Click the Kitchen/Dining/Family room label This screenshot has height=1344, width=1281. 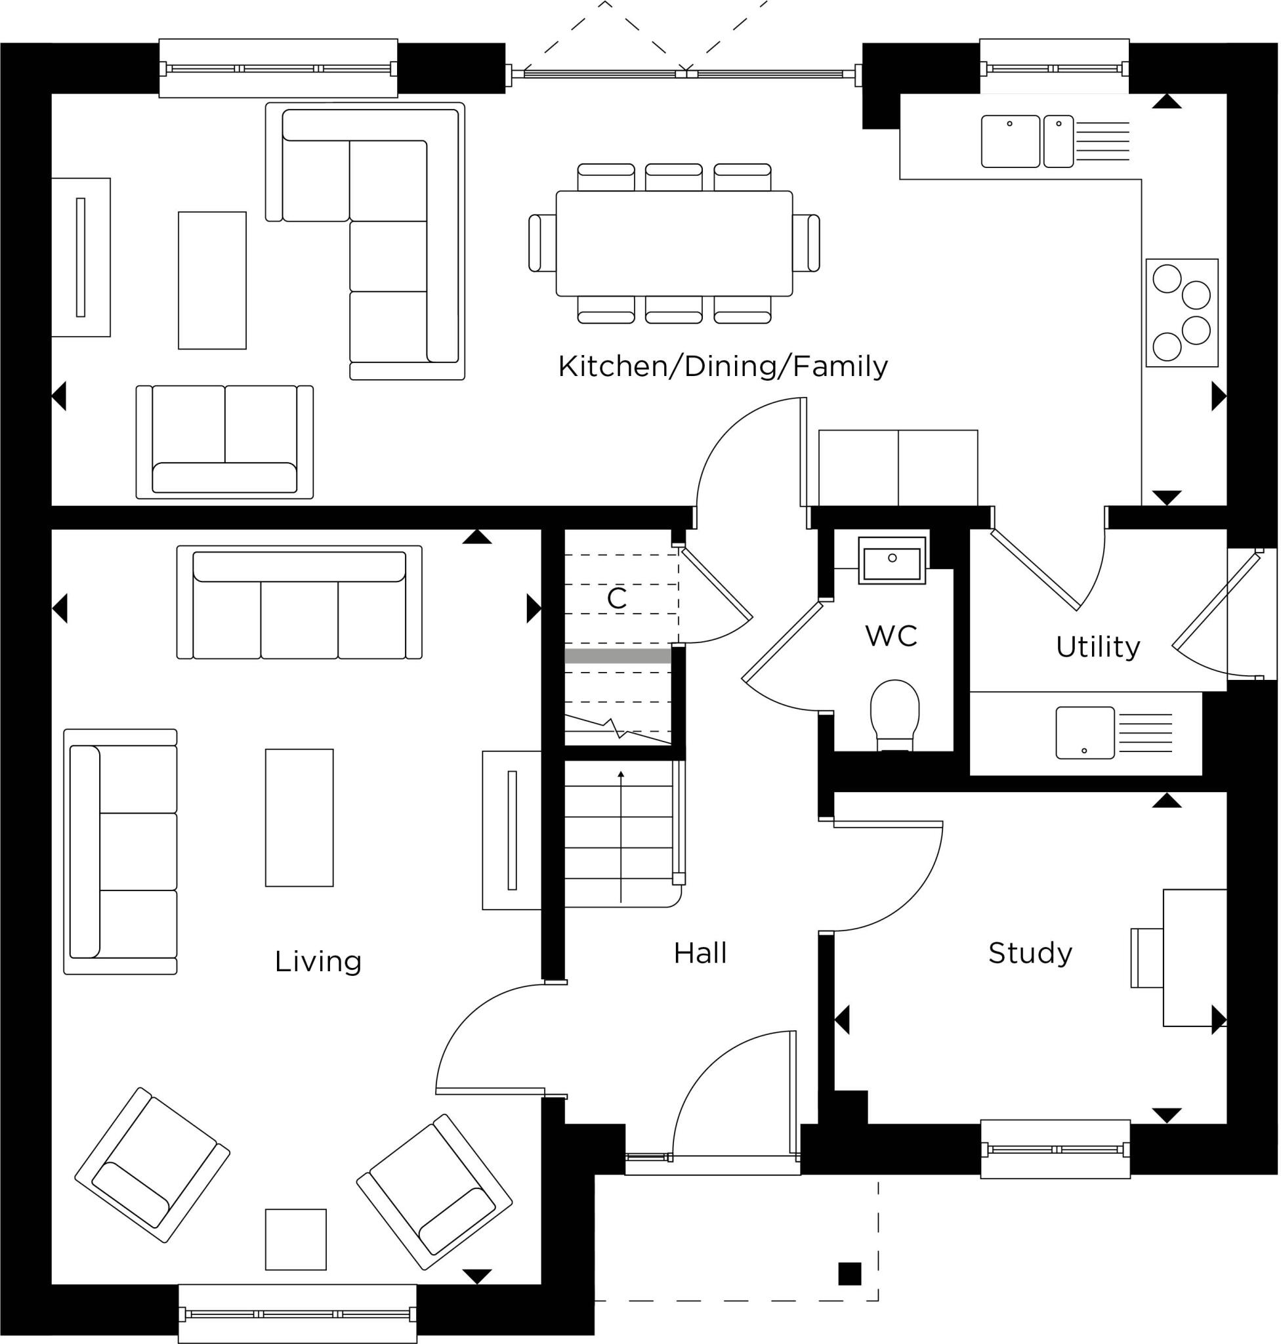(x=723, y=367)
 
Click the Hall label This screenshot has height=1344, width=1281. (x=700, y=953)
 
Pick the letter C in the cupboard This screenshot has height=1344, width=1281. (x=617, y=598)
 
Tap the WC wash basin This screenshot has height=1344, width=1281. (x=892, y=560)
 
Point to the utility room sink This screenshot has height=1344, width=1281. (x=1085, y=733)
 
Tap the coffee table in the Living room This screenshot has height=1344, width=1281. (x=299, y=818)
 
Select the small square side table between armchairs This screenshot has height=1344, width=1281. (x=296, y=1240)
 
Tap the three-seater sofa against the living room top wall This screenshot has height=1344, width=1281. (x=299, y=602)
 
